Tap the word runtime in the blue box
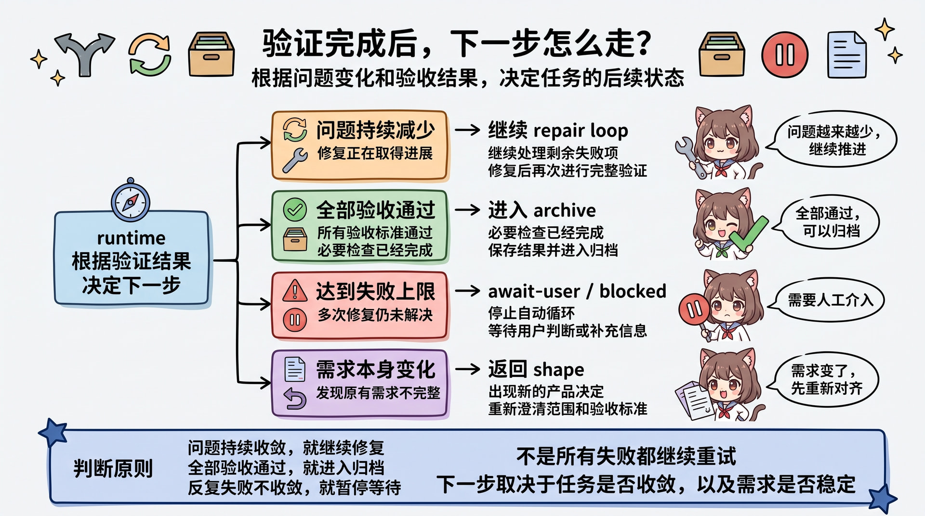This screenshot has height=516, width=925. (131, 238)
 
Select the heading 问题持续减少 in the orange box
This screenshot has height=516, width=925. (376, 130)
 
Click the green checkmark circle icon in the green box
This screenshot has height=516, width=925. (295, 210)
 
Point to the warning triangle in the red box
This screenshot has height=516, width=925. (295, 291)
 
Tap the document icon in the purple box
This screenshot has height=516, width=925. (295, 370)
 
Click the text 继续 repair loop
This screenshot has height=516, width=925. (558, 130)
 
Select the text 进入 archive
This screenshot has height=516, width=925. (542, 210)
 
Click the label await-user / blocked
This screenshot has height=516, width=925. (577, 291)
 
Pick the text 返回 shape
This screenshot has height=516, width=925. (536, 370)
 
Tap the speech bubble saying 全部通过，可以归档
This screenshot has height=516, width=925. (827, 222)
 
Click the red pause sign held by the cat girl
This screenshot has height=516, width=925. (694, 310)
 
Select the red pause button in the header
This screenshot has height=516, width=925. (785, 55)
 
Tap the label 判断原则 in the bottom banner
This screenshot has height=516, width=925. (113, 468)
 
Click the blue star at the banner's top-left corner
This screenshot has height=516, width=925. (53, 432)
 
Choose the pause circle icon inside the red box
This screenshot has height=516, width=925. (295, 320)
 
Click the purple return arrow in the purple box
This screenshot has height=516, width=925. (295, 399)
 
